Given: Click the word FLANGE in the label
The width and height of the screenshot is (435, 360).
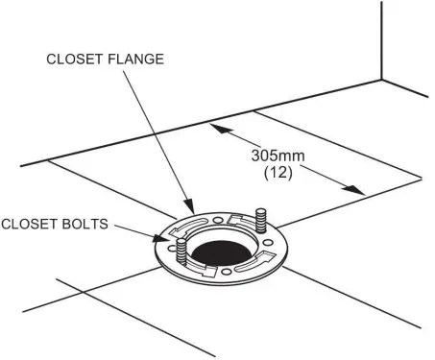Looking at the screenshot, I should click(x=136, y=60).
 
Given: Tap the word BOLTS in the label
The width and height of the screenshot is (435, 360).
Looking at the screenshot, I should click(x=95, y=226).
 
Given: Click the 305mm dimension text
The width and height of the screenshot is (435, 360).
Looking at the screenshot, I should click(x=273, y=154).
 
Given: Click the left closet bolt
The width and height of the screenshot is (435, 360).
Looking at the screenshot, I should click(x=180, y=253).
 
